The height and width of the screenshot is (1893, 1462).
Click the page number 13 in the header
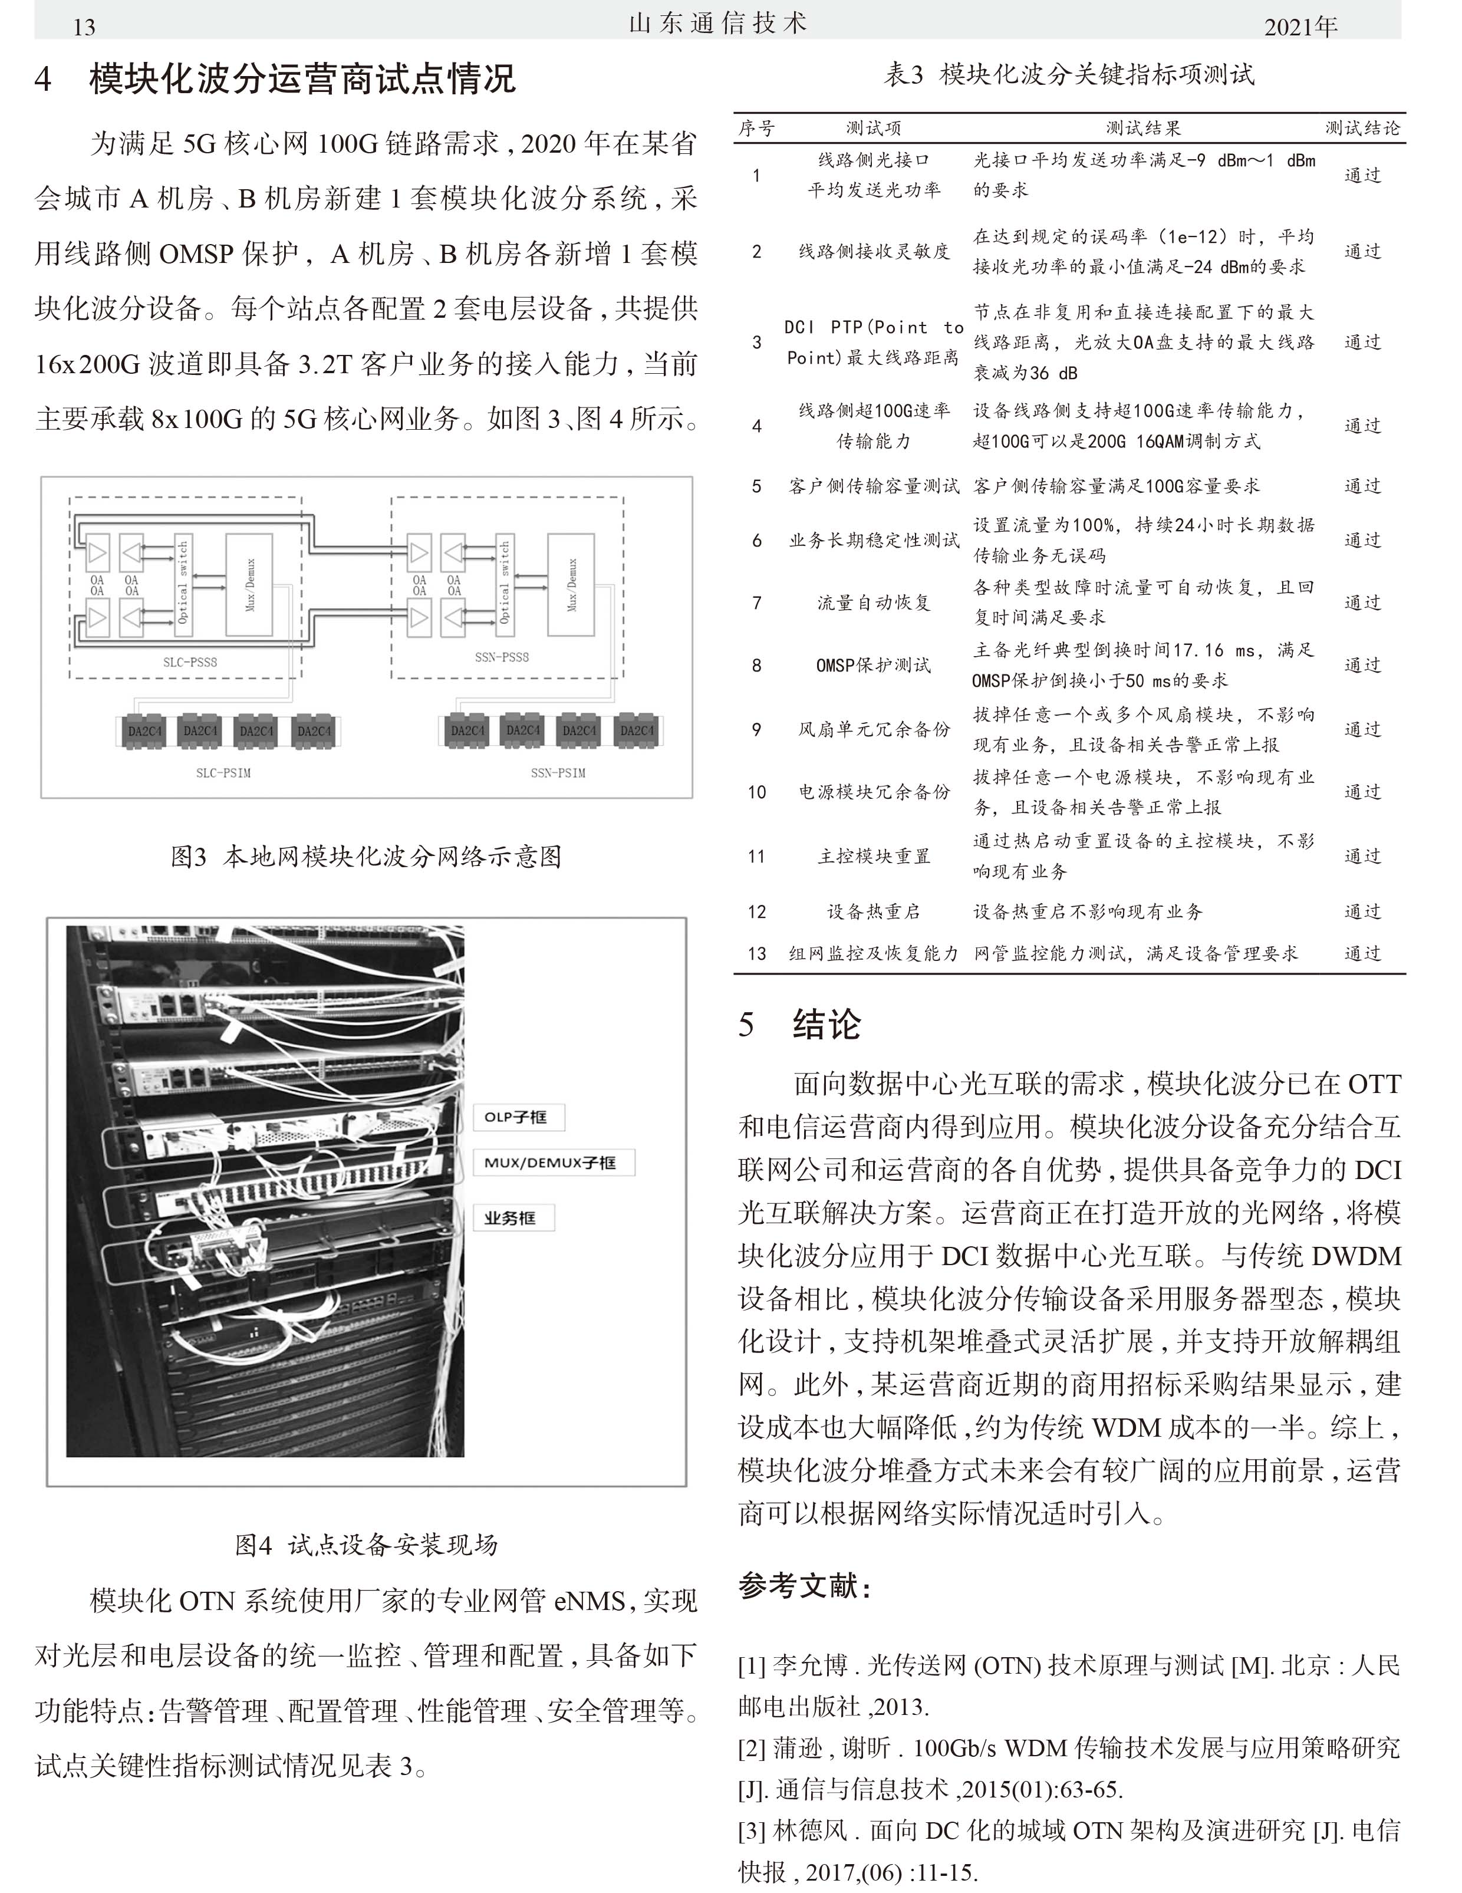tap(84, 27)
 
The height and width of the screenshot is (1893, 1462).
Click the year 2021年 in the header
tap(1300, 27)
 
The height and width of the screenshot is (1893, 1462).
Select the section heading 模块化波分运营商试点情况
tap(302, 80)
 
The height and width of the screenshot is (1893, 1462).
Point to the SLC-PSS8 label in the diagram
tap(190, 662)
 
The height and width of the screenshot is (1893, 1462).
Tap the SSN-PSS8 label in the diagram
tap(502, 657)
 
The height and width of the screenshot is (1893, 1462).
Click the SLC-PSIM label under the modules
tap(223, 772)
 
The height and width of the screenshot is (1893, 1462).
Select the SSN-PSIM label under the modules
tap(558, 772)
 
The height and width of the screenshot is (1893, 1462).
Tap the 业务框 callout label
tap(511, 1218)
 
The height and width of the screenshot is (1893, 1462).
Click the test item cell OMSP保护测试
tap(874, 666)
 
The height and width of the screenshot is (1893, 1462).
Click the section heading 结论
tap(826, 1025)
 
